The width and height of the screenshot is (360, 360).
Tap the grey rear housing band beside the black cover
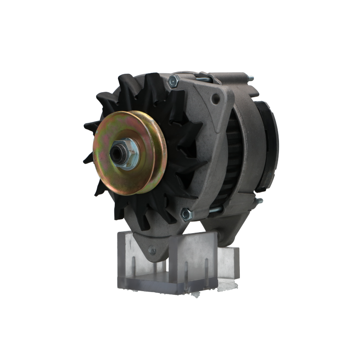249,144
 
